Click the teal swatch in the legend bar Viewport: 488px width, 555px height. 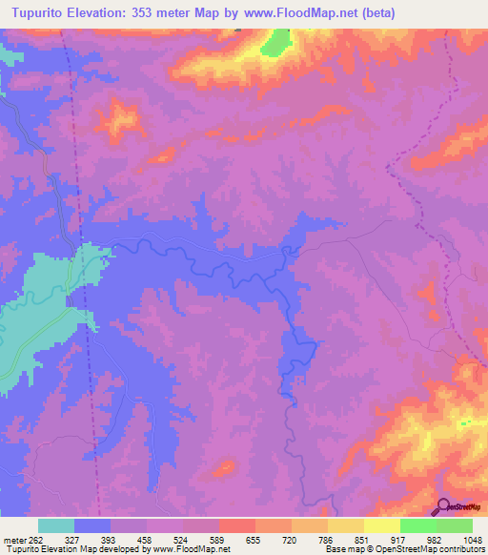point(56,525)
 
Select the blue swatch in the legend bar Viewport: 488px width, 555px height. point(92,525)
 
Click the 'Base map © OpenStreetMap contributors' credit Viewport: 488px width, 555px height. point(404,548)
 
